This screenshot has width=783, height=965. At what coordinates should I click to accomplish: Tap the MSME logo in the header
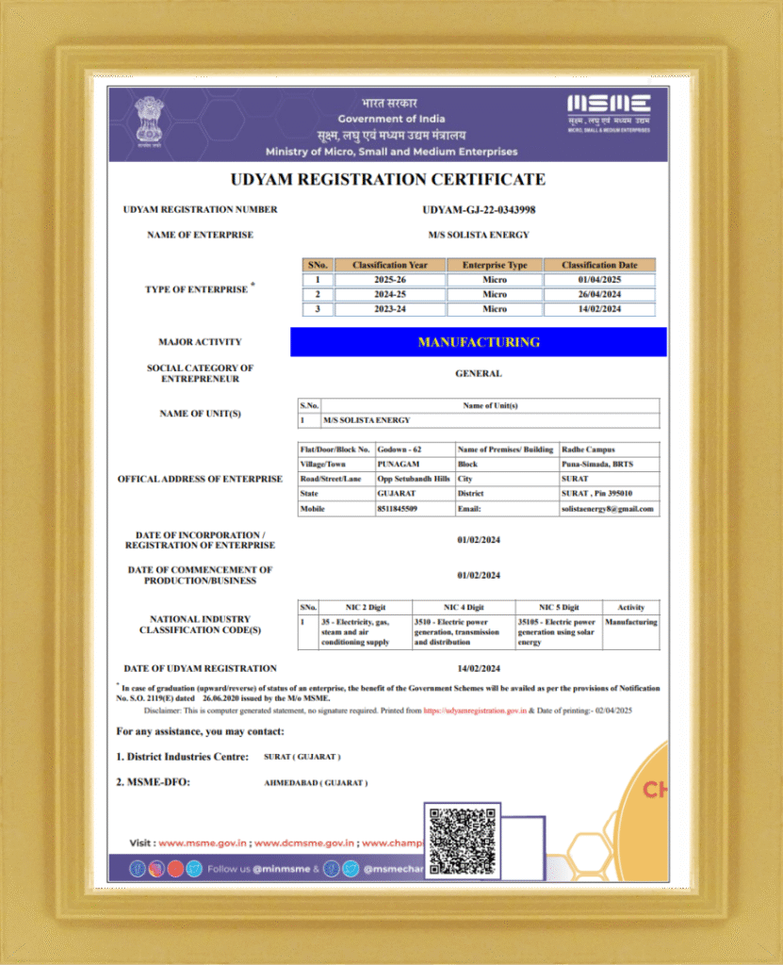[x=608, y=110]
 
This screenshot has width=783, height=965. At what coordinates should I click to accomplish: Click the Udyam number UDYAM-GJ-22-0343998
[x=479, y=209]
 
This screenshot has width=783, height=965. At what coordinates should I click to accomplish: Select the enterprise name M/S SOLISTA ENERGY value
[x=479, y=235]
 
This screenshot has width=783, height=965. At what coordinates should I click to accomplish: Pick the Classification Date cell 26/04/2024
[x=599, y=294]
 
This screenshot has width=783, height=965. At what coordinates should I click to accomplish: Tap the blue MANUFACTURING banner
[x=479, y=342]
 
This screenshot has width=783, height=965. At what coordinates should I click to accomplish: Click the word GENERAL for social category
[x=479, y=373]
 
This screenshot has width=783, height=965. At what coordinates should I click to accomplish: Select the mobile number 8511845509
[x=398, y=509]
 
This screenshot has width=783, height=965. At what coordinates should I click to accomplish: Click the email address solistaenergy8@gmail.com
[x=609, y=509]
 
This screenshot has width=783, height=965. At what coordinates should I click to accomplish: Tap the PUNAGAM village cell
[x=399, y=465]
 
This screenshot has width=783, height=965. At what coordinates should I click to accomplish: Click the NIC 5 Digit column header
[x=559, y=608]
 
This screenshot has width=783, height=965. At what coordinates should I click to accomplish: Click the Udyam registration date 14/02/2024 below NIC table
[x=479, y=668]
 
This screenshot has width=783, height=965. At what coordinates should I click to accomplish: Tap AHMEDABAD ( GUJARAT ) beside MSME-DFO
[x=317, y=783]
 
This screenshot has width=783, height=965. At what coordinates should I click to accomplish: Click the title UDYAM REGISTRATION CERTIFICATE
[x=388, y=179]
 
